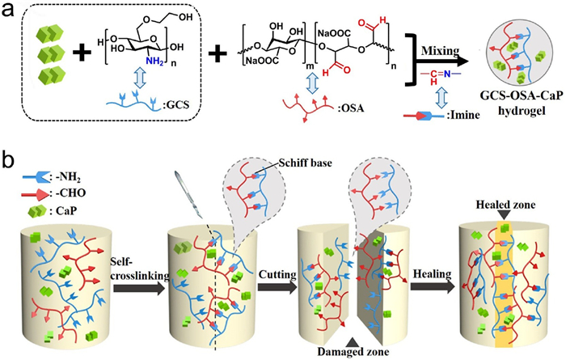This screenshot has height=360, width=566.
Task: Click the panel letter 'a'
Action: [x=8, y=10]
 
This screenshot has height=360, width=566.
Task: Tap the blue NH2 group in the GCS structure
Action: [x=154, y=61]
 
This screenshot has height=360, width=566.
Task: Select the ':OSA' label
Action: [x=350, y=108]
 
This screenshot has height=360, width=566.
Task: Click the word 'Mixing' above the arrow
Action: [x=440, y=51]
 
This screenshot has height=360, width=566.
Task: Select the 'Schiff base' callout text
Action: [x=305, y=163]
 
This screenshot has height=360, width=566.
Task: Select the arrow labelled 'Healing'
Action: [x=433, y=286]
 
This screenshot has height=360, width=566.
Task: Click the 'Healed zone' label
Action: [x=505, y=205]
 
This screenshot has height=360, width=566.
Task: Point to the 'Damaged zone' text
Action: [x=353, y=351]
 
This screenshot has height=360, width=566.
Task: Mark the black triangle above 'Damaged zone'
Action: [x=354, y=341]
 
